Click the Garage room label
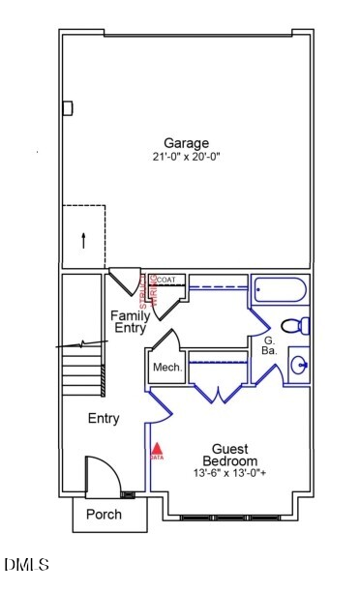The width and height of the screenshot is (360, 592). tap(186, 141)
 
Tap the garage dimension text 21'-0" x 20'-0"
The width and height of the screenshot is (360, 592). tap(186, 157)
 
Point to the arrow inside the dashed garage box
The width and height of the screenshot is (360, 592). tap(83, 239)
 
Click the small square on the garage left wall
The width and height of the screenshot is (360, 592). tap(68, 108)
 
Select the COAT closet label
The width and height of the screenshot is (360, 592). tap(166, 280)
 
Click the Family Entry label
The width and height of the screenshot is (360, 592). tap(129, 322)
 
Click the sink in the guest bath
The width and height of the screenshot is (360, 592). tap(299, 365)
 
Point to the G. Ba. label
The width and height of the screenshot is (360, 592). tap(270, 346)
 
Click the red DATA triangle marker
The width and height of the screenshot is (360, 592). tap(157, 450)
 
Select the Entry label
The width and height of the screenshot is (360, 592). tap(104, 419)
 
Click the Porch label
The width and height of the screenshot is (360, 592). tap(105, 515)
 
